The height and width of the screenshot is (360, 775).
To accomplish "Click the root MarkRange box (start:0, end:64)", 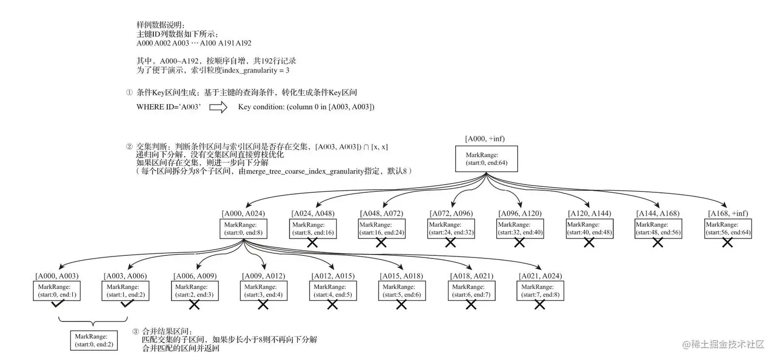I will pyautogui.click(x=486, y=159).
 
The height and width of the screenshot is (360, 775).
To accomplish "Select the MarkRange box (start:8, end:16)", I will pyautogui.click(x=312, y=228).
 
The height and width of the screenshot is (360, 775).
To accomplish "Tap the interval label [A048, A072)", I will pyautogui.click(x=381, y=213).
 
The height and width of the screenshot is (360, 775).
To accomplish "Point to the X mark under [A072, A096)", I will pyautogui.click(x=451, y=243).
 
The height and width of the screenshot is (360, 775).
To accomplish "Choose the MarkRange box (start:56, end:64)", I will pyautogui.click(x=727, y=228).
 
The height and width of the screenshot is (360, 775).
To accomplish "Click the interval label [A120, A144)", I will pyautogui.click(x=589, y=213).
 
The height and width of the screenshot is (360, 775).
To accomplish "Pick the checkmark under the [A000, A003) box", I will pyautogui.click(x=58, y=305).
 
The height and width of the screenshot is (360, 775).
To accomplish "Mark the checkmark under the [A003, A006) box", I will pyautogui.click(x=127, y=305).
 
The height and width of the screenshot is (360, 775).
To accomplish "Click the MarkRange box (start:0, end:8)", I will pyautogui.click(x=243, y=229).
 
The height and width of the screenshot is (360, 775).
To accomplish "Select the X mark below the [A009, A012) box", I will pyautogui.click(x=263, y=305).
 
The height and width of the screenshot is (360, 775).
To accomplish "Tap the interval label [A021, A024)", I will pyautogui.click(x=540, y=276).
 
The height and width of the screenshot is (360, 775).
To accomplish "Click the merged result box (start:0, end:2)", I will pyautogui.click(x=93, y=340).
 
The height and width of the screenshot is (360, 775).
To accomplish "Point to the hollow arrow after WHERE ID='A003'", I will pyautogui.click(x=218, y=107).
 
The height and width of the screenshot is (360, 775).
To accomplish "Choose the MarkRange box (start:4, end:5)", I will pyautogui.click(x=333, y=290).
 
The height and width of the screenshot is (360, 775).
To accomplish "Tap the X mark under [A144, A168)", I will pyautogui.click(x=658, y=243).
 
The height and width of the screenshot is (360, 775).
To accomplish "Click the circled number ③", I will pyautogui.click(x=136, y=332).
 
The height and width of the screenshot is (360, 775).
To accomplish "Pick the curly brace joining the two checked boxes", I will pyautogui.click(x=93, y=322).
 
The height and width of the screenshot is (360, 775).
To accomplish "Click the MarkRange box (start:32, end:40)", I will pyautogui.click(x=520, y=228).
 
